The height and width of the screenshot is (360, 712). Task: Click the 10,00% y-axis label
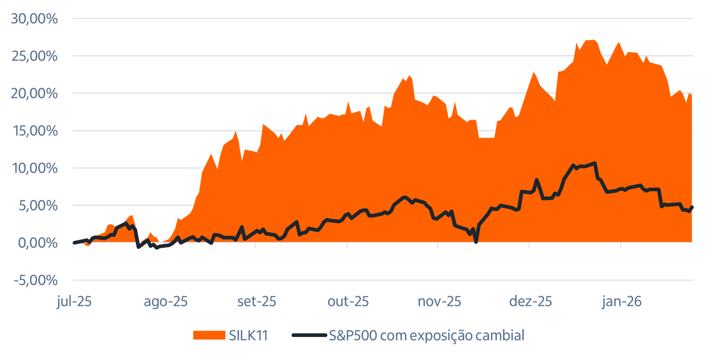35,168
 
